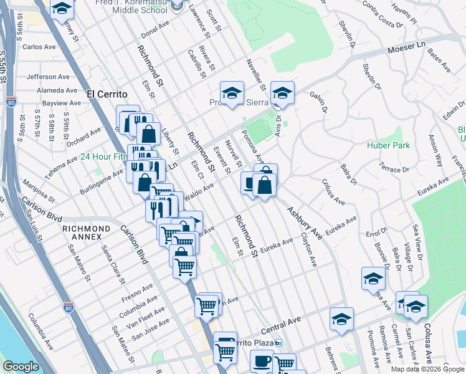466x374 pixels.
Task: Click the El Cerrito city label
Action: tap(107, 93)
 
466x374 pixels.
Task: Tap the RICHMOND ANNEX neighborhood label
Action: tap(87, 233)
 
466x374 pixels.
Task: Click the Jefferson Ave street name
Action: tap(50, 77)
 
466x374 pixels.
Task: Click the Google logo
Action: tap(21, 367)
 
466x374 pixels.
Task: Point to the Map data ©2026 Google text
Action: tap(427, 369)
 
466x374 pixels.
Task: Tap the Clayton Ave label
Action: tap(307, 249)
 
